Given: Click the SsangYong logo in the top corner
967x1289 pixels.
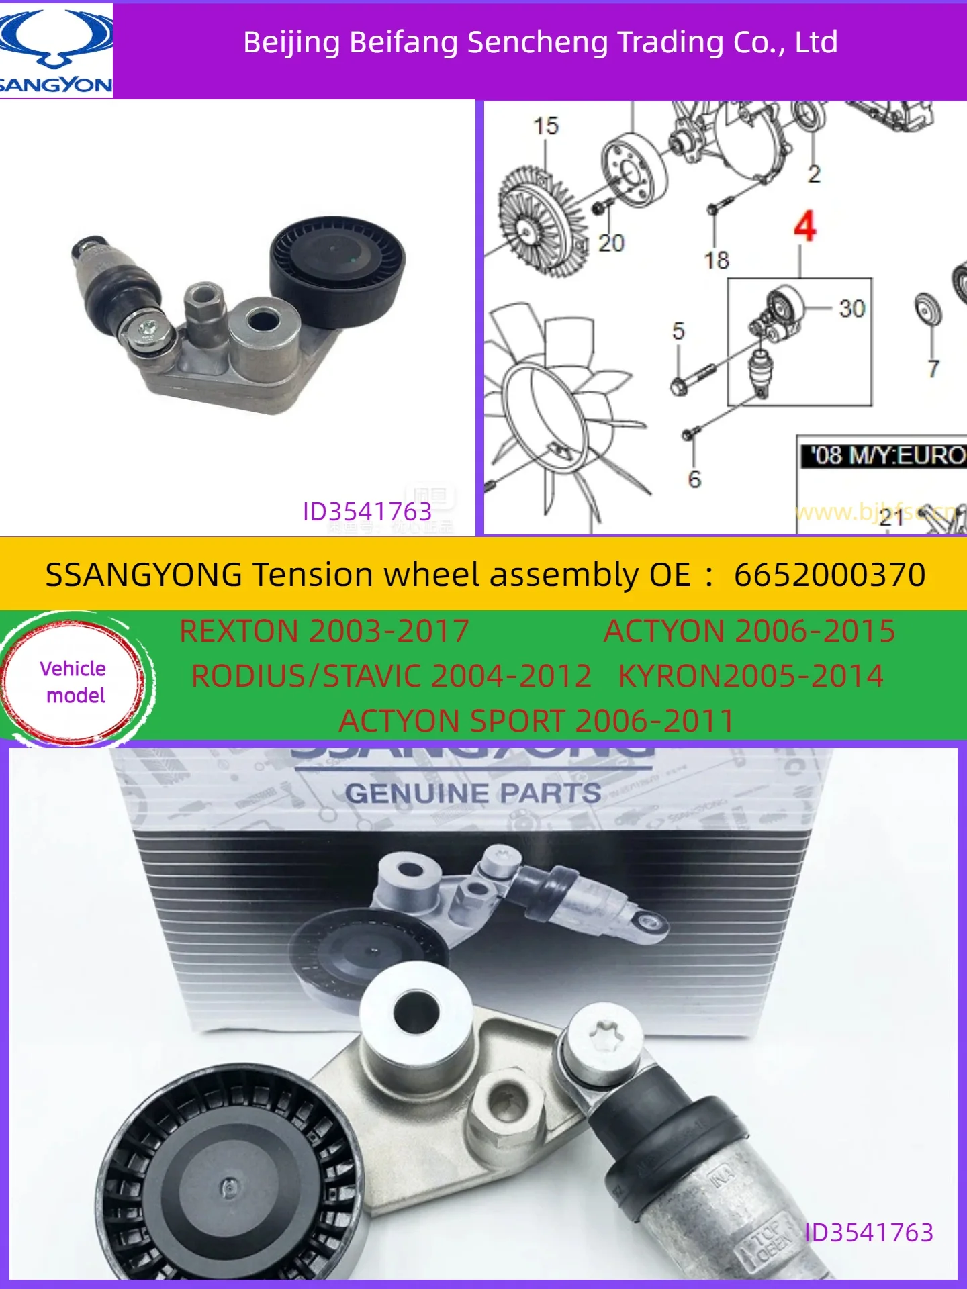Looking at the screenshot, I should click(56, 51).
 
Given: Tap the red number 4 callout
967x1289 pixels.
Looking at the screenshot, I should click(804, 226).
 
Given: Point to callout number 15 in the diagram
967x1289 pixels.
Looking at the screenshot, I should click(545, 126).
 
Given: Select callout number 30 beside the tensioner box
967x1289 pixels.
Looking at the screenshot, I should click(851, 309).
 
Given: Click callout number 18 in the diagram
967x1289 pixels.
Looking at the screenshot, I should click(716, 260).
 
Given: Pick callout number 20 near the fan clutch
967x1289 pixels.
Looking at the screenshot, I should click(611, 242).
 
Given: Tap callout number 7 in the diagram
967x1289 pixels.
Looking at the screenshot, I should click(933, 368).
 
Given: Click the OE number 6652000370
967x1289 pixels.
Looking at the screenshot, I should click(829, 575).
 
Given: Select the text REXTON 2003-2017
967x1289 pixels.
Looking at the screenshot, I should click(324, 631).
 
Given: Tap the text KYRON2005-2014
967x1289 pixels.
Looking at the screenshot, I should click(750, 676).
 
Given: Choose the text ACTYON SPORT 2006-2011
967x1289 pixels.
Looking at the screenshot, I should click(536, 721).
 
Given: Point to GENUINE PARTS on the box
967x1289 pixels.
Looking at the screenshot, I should click(473, 794).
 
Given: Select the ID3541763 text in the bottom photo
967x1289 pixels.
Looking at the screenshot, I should click(868, 1233).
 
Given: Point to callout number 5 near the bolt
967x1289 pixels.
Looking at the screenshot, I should click(678, 331).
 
